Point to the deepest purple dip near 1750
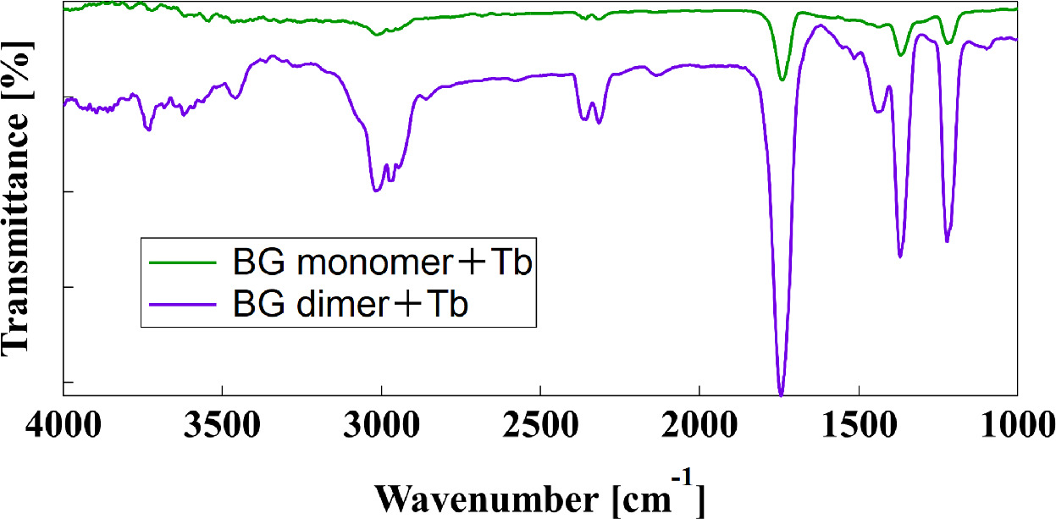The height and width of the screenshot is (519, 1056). tap(781, 394)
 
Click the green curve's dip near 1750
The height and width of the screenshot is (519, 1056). tap(782, 80)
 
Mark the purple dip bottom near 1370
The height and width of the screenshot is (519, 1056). tap(900, 256)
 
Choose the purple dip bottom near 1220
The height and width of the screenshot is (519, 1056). tap(947, 241)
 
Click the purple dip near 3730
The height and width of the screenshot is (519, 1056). tap(148, 129)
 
